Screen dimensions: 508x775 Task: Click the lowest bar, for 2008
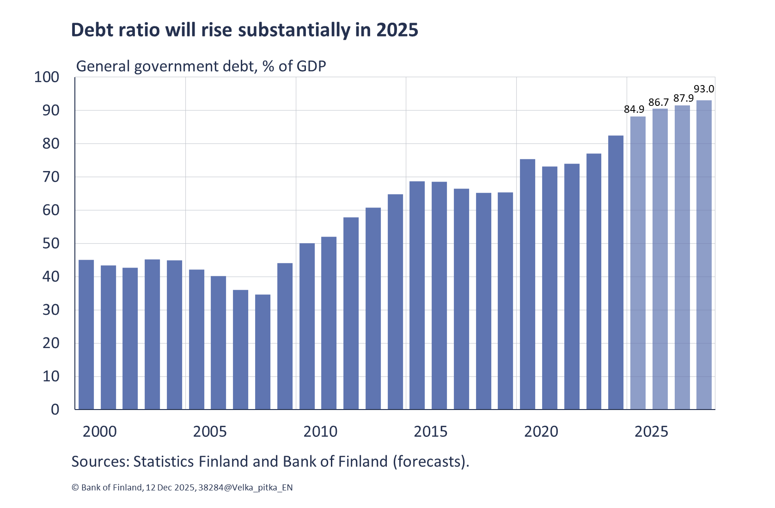tap(262, 351)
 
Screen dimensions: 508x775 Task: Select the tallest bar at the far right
tap(704, 254)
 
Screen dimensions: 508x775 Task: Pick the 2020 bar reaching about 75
tap(527, 284)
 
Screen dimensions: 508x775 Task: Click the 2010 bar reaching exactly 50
tap(307, 326)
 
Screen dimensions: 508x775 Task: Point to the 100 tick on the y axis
tap(47, 77)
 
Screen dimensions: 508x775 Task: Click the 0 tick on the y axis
tap(55, 410)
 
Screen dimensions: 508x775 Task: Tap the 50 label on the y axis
tap(51, 244)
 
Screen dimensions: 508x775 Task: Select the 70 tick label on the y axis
tap(51, 177)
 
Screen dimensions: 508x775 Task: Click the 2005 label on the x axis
tap(210, 432)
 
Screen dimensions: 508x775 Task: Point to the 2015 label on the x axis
tap(430, 432)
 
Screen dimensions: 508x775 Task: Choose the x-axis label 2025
tap(651, 432)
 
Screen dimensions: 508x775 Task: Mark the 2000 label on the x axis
tap(99, 432)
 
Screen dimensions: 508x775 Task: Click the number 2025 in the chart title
tap(397, 30)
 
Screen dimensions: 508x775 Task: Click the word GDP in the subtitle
tap(311, 66)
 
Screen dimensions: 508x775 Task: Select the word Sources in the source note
tap(100, 461)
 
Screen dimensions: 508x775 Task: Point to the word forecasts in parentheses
tap(430, 461)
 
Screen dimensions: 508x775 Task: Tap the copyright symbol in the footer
tap(75, 487)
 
